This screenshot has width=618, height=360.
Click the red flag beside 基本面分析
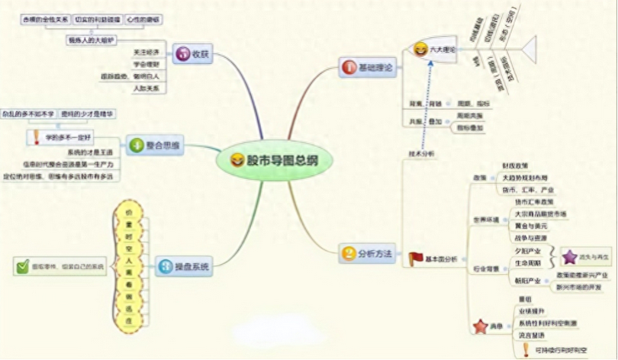tap(416, 259)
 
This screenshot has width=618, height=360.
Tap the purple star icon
tap(569, 256)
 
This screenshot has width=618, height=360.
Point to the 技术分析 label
tap(421, 153)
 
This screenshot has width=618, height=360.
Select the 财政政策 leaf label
tap(513, 165)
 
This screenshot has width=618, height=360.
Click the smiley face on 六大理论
tap(420, 50)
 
